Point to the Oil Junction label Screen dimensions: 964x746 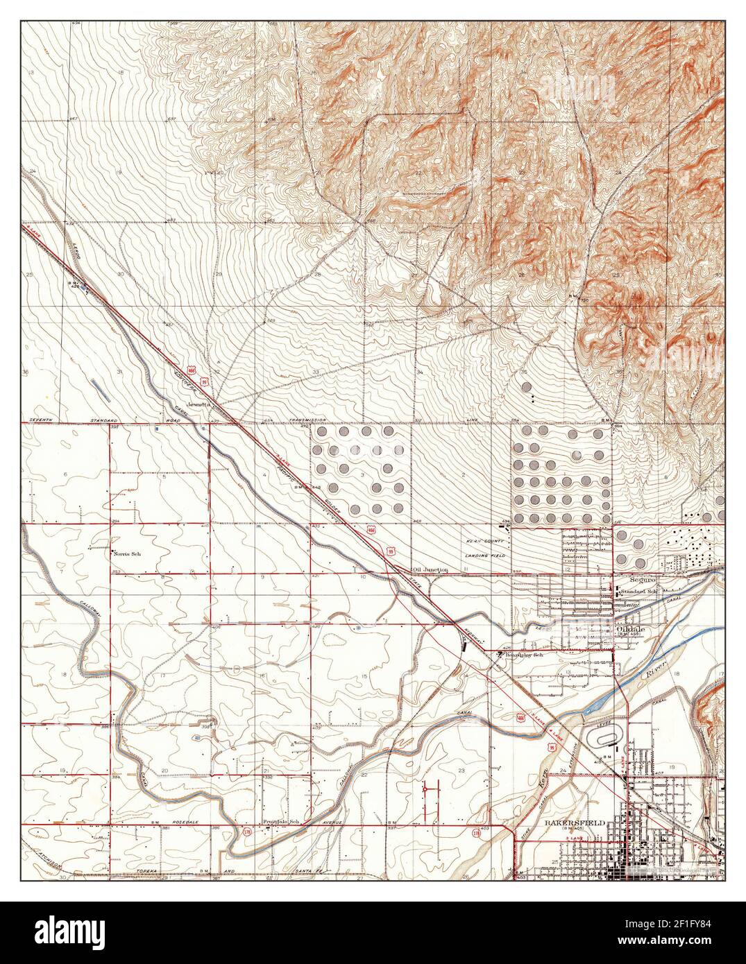click(x=430, y=569)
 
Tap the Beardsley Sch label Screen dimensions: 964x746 click(x=521, y=654)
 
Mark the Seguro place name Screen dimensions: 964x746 click(x=634, y=578)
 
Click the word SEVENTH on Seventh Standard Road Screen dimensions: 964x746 click(x=44, y=420)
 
